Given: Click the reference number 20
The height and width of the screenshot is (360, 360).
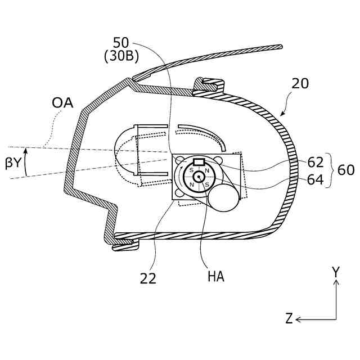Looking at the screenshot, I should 301,84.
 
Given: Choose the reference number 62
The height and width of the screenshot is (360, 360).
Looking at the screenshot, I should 316,163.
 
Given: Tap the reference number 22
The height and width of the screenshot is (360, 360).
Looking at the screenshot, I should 148,277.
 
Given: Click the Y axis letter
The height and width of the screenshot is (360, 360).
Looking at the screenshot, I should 336,272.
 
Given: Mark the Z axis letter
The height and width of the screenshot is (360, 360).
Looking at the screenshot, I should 289,319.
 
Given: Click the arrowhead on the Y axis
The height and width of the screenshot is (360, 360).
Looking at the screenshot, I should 336,283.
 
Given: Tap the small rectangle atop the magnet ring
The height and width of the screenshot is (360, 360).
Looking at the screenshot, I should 199,163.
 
